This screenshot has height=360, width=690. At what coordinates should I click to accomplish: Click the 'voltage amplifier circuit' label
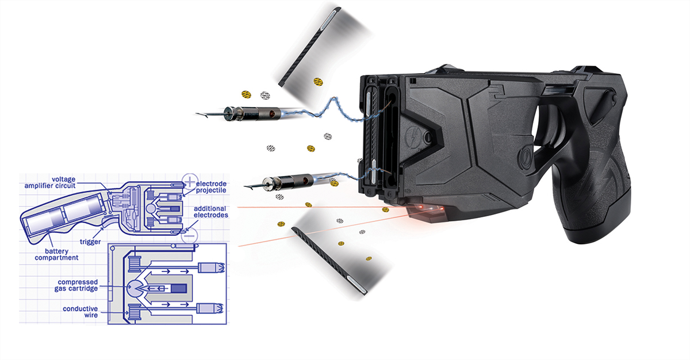click(x=50, y=183)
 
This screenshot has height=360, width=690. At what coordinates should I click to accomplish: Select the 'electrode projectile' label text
click(x=212, y=187)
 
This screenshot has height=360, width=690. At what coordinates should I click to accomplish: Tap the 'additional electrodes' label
click(x=211, y=212)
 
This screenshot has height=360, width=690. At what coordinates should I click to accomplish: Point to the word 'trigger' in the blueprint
click(x=90, y=242)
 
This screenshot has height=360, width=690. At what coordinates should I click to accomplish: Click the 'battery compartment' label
click(x=56, y=255)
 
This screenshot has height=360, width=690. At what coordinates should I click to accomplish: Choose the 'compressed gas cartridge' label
click(x=76, y=285)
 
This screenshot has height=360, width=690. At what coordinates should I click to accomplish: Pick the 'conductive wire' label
click(x=80, y=312)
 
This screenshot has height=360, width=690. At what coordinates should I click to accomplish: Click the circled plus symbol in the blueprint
click(x=190, y=181)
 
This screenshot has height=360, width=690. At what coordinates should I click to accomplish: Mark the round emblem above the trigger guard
click(x=525, y=158)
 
